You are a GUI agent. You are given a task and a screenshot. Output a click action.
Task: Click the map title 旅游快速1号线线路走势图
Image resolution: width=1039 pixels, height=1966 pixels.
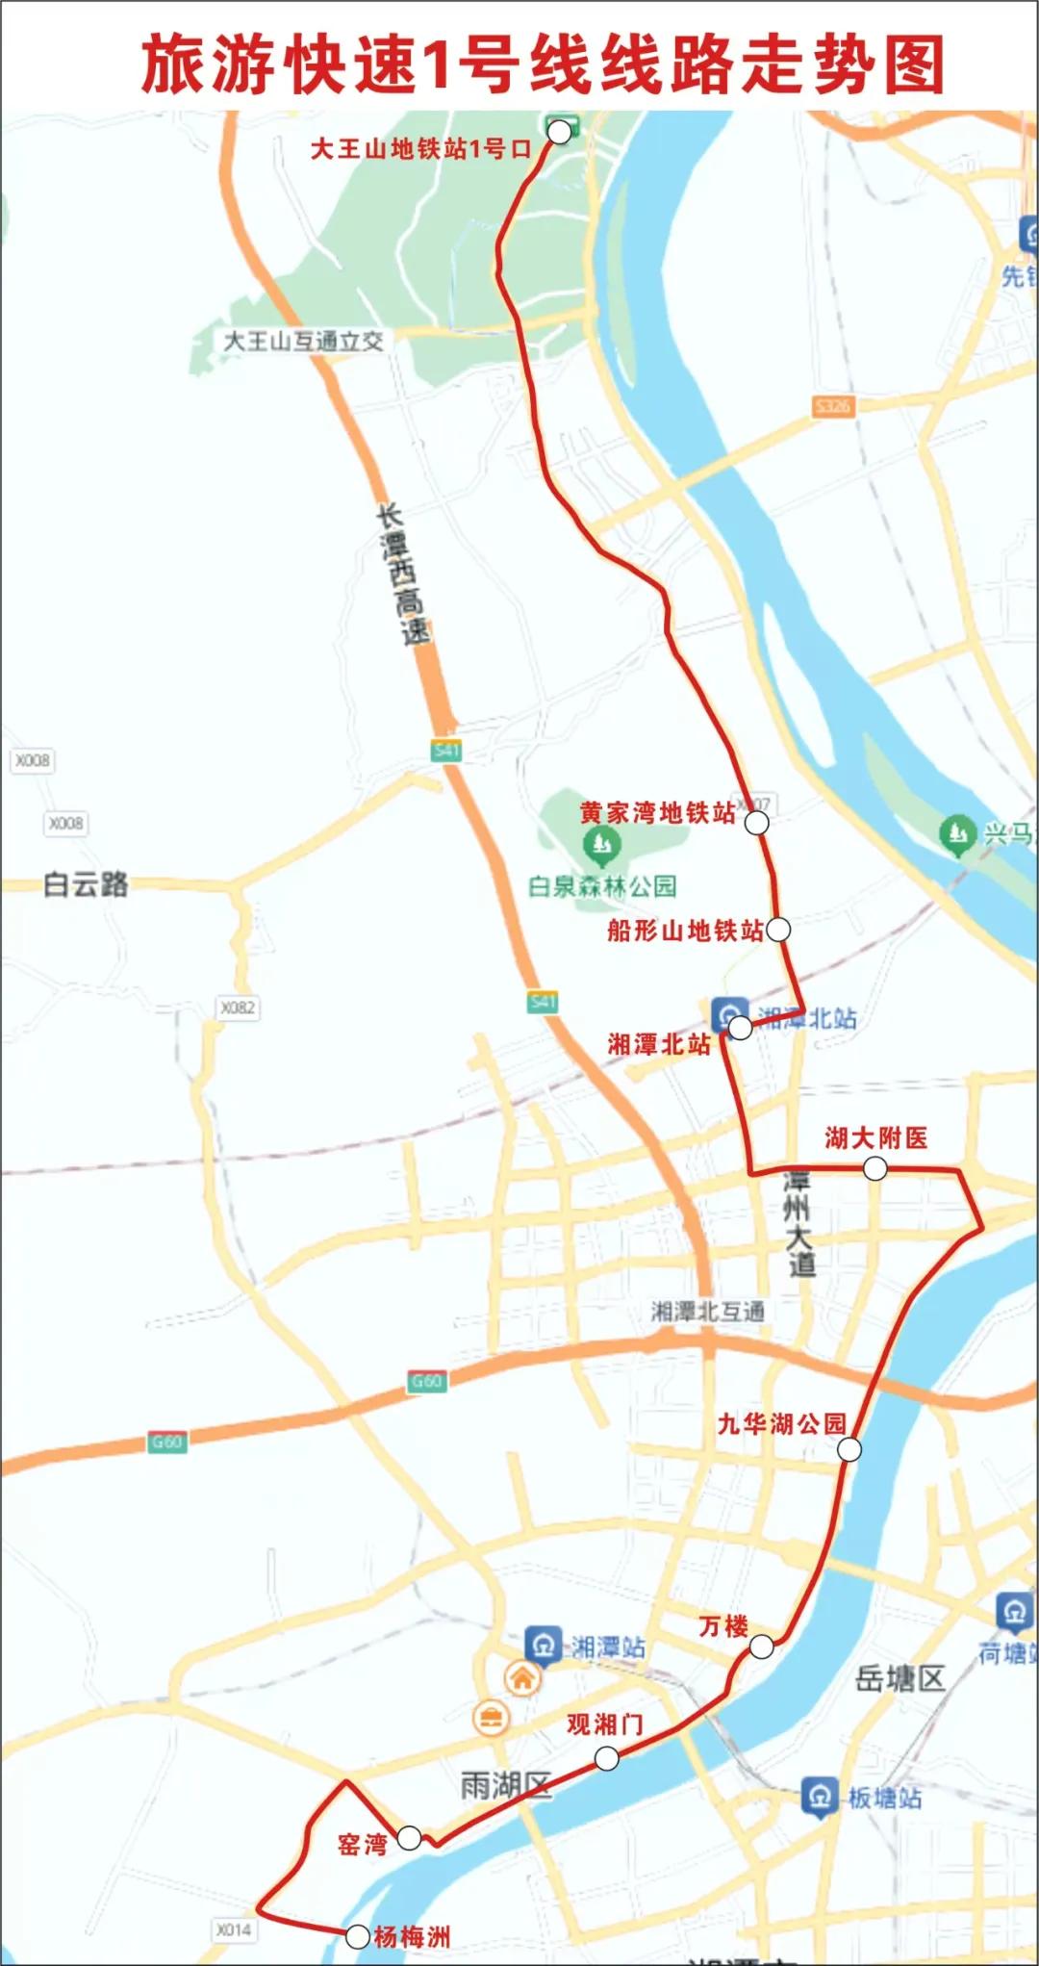coord(544,64)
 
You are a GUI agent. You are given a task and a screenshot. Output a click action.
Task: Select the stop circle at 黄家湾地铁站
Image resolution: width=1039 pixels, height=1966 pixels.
coord(757,823)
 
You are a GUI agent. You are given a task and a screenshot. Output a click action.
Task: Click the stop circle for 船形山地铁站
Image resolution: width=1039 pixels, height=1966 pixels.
coord(778,929)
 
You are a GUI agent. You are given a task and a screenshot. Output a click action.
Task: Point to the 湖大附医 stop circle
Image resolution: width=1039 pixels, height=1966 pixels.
coord(874,1168)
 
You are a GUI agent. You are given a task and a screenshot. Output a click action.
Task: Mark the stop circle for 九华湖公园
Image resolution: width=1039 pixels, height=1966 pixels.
coord(849,1449)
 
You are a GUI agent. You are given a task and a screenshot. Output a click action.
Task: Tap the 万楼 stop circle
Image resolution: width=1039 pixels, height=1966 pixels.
coord(761,1647)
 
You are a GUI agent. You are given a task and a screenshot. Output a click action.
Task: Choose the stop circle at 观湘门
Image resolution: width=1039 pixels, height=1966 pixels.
coord(606,1759)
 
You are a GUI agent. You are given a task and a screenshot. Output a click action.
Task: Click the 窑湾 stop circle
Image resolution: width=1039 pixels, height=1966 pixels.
coord(409,1837)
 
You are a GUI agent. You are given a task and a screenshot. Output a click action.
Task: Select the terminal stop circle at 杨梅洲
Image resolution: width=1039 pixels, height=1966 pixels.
coord(357,1936)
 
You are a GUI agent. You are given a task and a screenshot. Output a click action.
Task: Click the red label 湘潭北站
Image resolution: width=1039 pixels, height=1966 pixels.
coord(659,1044)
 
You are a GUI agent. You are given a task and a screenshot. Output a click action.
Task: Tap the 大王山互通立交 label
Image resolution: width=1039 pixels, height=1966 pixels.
coord(303,341)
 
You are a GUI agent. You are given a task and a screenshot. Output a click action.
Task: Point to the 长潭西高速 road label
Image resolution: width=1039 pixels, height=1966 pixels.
coord(404,575)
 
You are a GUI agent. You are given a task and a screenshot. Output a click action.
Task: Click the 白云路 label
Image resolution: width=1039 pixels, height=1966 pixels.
coord(86,883)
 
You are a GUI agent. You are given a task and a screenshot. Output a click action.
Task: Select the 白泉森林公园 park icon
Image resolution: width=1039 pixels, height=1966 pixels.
coord(602,847)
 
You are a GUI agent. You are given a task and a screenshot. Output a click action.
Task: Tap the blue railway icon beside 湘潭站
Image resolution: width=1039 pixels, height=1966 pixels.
coord(543,1647)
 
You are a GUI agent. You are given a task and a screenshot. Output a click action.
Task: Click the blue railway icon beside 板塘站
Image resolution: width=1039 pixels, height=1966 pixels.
coord(820,1796)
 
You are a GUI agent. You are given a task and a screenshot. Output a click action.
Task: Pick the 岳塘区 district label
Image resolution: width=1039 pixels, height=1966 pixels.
coord(900,1679)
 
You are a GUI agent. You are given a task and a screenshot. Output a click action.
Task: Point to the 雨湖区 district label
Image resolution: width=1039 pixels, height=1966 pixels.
coord(505,1786)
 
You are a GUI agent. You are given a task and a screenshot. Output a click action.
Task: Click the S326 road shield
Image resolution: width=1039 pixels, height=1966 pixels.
coord(832,406)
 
